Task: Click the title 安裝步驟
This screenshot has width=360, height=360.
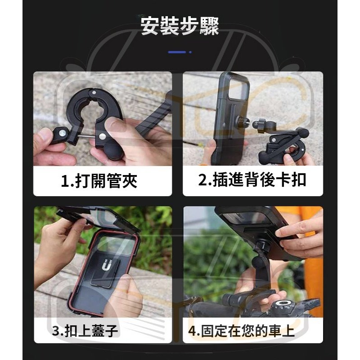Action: tap(180, 27)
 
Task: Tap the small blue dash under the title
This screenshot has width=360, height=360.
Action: tap(178, 52)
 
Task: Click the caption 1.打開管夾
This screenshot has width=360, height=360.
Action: tap(99, 181)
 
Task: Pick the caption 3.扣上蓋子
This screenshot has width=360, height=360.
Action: tap(85, 332)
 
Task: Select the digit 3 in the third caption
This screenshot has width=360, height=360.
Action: tap(55, 332)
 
